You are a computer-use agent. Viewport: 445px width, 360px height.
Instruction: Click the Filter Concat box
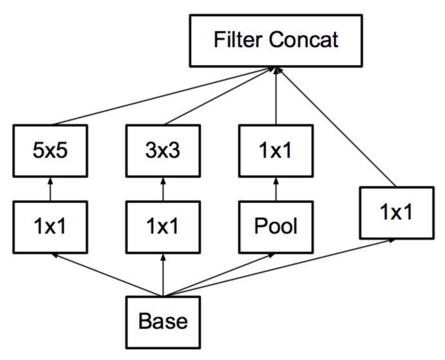(x=276, y=41)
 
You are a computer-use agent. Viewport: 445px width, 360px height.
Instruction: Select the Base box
(x=163, y=322)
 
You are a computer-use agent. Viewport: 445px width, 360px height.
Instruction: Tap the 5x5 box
(x=50, y=150)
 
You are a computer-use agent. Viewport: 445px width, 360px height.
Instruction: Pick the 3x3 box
(x=163, y=150)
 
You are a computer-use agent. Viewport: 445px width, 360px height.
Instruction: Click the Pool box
(x=276, y=227)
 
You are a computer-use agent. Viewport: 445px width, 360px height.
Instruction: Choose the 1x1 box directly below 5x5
(x=50, y=227)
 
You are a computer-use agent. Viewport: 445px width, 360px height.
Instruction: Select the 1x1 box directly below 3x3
(x=163, y=227)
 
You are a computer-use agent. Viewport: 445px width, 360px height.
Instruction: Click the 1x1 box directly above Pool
(x=276, y=150)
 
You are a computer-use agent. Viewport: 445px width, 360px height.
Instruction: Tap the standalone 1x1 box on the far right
(x=397, y=213)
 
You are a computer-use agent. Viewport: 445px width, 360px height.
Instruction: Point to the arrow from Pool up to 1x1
(x=276, y=189)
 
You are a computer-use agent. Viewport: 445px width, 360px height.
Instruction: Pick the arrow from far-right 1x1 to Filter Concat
(x=336, y=127)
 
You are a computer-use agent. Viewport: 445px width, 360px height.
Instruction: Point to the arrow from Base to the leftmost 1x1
(x=107, y=275)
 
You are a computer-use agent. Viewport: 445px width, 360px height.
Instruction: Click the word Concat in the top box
(x=304, y=40)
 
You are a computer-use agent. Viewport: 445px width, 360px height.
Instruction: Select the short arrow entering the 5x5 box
(x=50, y=189)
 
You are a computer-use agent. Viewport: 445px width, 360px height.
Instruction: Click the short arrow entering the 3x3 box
(x=163, y=189)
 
